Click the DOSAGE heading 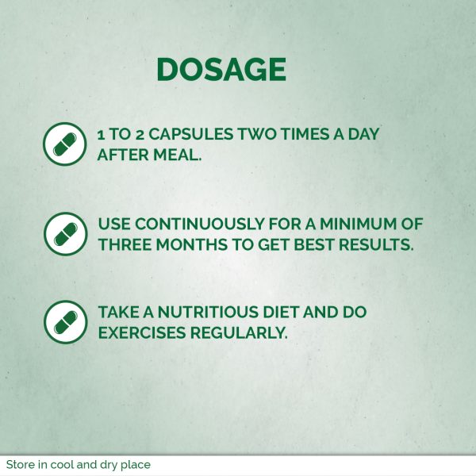tap(221, 70)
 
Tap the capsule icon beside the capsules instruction tap(65, 144)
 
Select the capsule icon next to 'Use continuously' tap(65, 234)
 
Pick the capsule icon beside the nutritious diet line tap(65, 322)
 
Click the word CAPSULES tap(191, 134)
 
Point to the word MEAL tap(177, 155)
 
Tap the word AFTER tap(123, 155)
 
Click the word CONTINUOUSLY tap(199, 224)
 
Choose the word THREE tap(125, 244)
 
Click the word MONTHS tap(191, 244)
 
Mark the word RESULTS tap(376, 244)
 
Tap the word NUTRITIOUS tap(208, 312)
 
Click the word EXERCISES tap(142, 332)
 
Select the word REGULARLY tap(239, 332)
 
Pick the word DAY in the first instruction tap(363, 134)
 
